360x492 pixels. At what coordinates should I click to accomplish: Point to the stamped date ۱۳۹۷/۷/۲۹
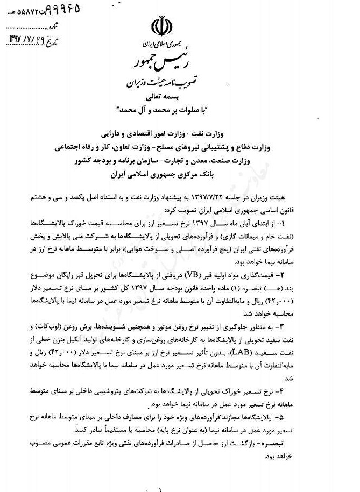(27, 39)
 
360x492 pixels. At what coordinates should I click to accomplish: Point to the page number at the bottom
(161, 488)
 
